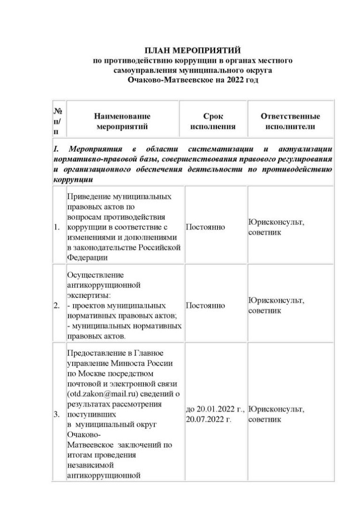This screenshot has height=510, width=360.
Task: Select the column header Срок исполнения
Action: (x=212, y=121)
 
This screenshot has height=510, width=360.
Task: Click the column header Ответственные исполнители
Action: (x=290, y=121)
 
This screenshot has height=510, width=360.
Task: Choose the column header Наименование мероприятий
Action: (x=122, y=121)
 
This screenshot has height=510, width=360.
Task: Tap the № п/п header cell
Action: (x=59, y=121)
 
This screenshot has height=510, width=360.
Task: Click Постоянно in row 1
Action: (x=205, y=227)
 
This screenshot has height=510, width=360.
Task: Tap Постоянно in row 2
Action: (x=205, y=306)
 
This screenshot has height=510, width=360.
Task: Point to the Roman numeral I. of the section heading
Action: (x=56, y=149)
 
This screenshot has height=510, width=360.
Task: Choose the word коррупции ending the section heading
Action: (x=72, y=180)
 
